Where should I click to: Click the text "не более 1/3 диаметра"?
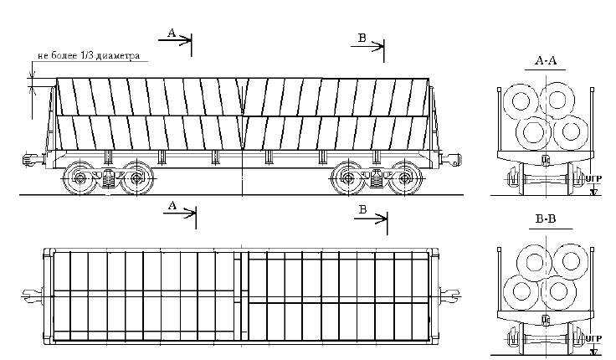click(x=87, y=58)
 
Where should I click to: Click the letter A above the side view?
click(x=172, y=33)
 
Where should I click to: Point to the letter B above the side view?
click(x=362, y=38)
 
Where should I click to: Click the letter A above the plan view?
click(x=172, y=205)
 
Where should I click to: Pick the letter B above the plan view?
click(x=362, y=209)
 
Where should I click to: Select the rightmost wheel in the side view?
click(x=406, y=177)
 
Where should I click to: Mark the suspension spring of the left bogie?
click(x=108, y=178)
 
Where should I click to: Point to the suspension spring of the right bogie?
click(x=376, y=178)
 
